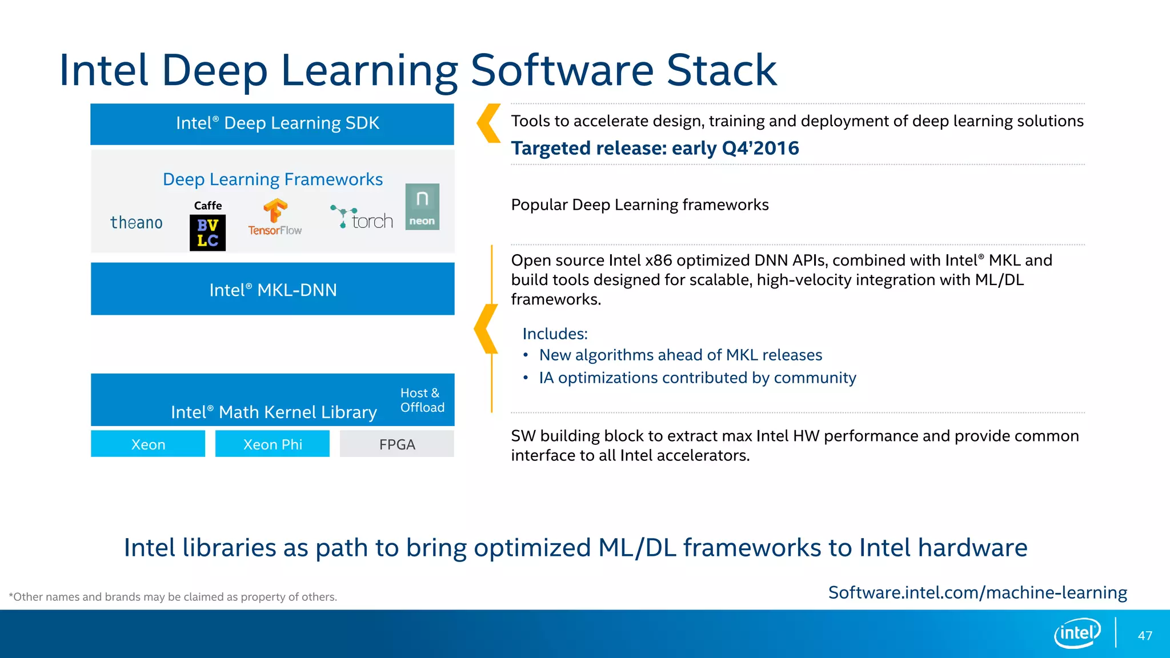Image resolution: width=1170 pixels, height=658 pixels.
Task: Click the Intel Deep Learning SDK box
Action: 272,124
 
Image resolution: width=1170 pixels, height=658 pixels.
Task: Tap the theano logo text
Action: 137,222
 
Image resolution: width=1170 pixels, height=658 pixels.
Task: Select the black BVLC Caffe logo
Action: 207,232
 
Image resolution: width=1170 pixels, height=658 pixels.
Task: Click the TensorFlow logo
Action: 275,218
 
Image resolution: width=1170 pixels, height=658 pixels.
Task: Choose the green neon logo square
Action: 422,207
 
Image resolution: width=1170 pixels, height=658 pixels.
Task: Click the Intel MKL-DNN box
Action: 273,289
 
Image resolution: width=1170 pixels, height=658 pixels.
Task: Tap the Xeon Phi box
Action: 273,444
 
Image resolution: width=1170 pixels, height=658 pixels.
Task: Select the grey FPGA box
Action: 397,444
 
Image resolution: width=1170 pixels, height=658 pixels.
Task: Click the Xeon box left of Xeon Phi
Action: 148,444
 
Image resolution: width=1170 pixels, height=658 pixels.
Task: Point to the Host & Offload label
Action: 422,400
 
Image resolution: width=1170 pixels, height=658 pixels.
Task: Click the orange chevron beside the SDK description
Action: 488,123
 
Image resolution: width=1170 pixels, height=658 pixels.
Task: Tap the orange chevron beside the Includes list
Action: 486,328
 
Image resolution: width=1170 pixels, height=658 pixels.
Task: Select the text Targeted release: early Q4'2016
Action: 655,149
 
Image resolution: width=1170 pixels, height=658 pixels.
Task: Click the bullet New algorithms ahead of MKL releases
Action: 680,355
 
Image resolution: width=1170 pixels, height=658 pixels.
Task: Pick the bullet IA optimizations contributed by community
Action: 697,378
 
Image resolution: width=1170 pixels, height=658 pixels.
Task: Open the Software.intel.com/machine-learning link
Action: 977,592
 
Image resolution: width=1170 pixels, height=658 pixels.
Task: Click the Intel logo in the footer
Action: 1077,633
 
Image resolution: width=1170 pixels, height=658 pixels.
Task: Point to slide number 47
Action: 1145,636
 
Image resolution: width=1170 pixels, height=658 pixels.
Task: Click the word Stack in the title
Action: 722,70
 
